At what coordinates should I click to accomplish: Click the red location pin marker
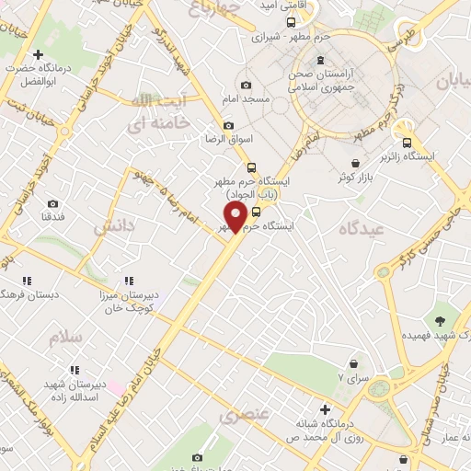click(x=235, y=217)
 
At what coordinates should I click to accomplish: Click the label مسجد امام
click(x=245, y=98)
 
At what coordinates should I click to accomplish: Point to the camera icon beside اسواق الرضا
click(x=228, y=125)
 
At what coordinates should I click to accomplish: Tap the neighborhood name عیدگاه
click(x=360, y=227)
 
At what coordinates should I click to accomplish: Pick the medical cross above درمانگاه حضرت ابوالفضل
click(x=38, y=55)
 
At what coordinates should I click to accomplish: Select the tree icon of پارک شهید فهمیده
click(x=441, y=321)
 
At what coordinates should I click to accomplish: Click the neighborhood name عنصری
click(x=246, y=415)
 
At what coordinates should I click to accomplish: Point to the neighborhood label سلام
click(x=68, y=338)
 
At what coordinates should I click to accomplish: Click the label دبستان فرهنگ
click(x=29, y=294)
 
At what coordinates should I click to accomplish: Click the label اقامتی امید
click(x=281, y=6)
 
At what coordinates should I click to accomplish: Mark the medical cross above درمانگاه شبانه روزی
click(x=325, y=408)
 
